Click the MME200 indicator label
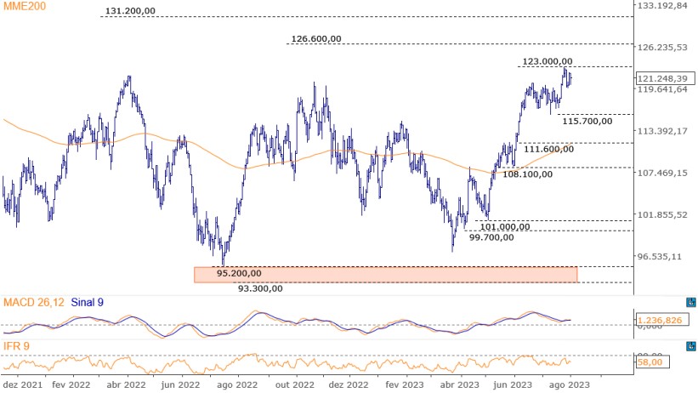(x=24, y=6)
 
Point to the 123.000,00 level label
(x=547, y=61)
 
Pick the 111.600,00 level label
(x=548, y=149)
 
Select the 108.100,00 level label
(x=527, y=174)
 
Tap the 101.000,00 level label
(x=505, y=226)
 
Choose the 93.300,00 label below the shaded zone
(x=260, y=288)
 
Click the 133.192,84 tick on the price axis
(x=661, y=6)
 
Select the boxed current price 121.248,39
(x=661, y=77)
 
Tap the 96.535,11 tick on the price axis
(x=661, y=256)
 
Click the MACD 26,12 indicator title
(x=35, y=302)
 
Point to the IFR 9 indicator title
(x=17, y=346)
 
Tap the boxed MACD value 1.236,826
(x=661, y=318)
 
